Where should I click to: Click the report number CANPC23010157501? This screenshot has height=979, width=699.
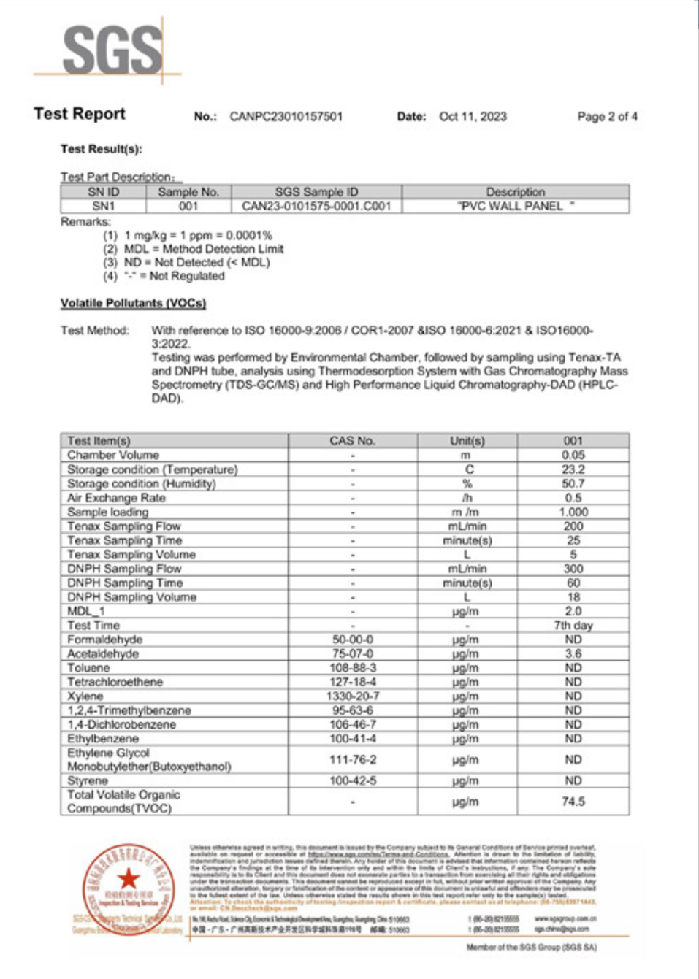click(286, 116)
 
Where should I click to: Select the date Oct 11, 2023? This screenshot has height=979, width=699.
click(473, 116)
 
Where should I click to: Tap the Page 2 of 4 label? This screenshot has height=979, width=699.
click(607, 116)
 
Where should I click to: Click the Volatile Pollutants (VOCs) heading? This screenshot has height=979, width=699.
click(133, 303)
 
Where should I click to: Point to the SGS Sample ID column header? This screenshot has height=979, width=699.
click(316, 192)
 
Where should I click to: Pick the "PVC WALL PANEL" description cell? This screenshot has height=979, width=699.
click(516, 206)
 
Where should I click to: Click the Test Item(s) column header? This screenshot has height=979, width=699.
click(99, 441)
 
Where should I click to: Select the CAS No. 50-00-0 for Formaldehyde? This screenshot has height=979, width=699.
click(352, 640)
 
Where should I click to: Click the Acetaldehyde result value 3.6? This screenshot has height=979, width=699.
click(573, 653)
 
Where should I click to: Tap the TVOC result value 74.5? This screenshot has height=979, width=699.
click(573, 802)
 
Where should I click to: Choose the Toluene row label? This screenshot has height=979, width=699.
click(88, 668)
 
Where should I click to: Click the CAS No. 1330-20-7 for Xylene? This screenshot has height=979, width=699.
click(352, 696)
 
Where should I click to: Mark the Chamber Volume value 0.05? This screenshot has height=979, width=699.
click(573, 455)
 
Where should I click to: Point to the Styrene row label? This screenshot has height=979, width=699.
click(88, 780)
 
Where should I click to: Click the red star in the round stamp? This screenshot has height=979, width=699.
click(129, 879)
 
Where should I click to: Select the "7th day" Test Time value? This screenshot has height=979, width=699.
click(573, 626)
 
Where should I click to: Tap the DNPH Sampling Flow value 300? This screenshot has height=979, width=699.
click(573, 569)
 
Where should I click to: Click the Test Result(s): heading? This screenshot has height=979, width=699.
click(101, 149)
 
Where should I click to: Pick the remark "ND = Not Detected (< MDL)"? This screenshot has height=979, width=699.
click(196, 262)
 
